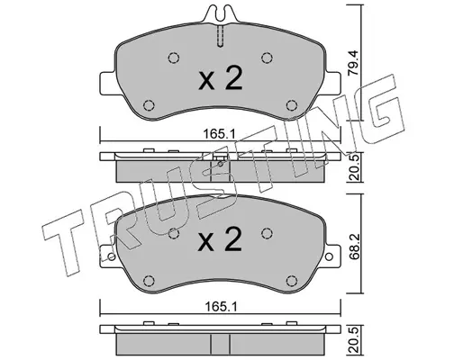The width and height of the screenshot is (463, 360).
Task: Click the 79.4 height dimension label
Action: click(353, 67)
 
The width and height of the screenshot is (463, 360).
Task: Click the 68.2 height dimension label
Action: click(353, 243)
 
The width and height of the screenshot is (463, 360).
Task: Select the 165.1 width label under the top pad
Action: click(220, 134)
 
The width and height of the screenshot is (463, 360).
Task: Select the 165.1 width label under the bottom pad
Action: click(220, 307)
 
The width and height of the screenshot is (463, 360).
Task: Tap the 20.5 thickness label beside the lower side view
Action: click(353, 342)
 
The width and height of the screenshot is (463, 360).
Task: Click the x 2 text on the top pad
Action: click(220, 78)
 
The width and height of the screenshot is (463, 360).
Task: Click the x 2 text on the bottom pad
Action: click(220, 239)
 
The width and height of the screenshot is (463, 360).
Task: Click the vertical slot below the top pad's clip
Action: click(220, 36)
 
